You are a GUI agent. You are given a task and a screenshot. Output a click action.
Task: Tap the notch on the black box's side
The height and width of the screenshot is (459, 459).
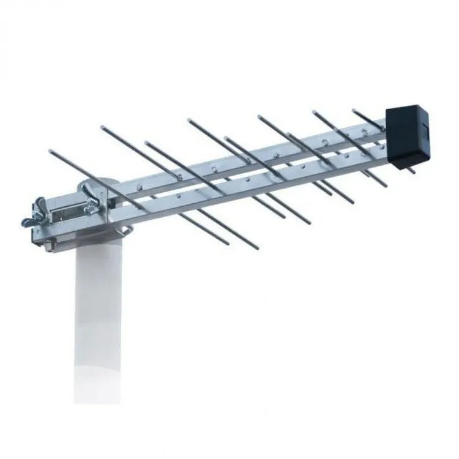(424, 131)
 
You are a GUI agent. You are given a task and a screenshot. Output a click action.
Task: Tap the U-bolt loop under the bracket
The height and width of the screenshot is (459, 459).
(126, 231)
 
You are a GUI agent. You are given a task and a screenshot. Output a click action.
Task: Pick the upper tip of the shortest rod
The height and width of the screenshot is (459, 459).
(354, 111)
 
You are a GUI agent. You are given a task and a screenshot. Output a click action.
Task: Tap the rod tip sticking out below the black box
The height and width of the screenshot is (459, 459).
(412, 172)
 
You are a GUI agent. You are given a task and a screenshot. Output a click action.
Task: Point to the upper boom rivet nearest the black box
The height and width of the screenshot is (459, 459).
(365, 131)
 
